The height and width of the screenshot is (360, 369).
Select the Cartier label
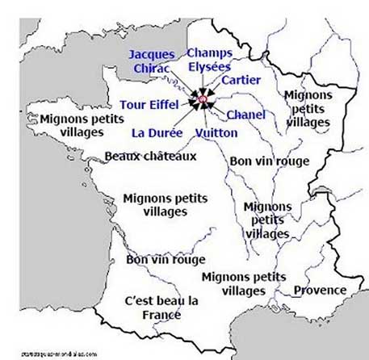[241, 80]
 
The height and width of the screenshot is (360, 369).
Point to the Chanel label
[245, 115]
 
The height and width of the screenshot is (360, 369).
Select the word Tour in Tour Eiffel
[132, 104]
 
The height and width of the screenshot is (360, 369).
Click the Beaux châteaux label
[145, 158]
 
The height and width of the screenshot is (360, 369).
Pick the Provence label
[320, 291]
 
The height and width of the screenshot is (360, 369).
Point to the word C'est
[134, 301]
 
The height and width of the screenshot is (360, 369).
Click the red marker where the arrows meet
[202, 102]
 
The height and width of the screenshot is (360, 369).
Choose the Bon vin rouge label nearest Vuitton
[270, 161]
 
